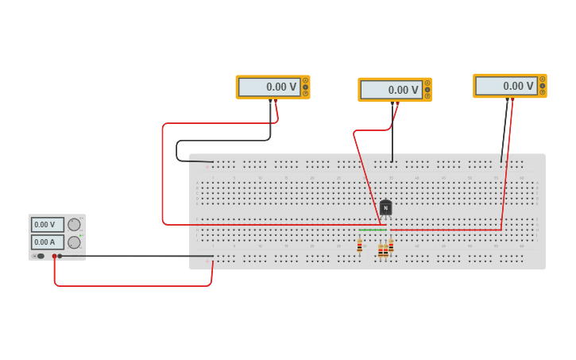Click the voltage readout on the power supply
[47, 225]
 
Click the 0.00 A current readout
[47, 242]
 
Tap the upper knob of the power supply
[74, 225]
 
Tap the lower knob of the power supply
[74, 242]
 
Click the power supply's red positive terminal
[54, 256]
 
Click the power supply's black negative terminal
[60, 256]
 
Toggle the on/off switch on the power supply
[40, 256]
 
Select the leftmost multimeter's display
[269, 87]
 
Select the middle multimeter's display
[391, 90]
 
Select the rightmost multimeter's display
[506, 86]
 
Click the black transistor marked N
[385, 208]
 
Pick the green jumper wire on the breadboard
[372, 230]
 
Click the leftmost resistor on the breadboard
[359, 246]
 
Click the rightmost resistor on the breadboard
[391, 246]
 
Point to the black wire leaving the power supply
[135, 256]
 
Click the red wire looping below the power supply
[127, 285]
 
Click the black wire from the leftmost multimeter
[222, 141]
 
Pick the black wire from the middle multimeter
[392, 139]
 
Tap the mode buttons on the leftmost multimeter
[305, 87]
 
